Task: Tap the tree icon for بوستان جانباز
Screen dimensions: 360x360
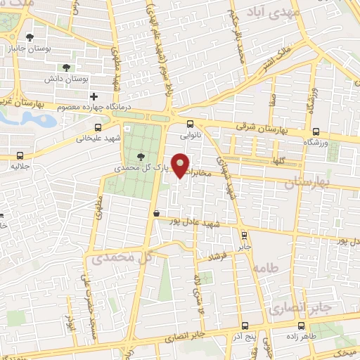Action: pyautogui.click(x=29, y=37)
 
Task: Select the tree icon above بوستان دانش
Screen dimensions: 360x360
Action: pyautogui.click(x=65, y=68)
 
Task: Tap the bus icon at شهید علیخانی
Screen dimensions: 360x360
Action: pyautogui.click(x=98, y=128)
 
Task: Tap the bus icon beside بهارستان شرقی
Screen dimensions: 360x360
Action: pyautogui.click(x=316, y=131)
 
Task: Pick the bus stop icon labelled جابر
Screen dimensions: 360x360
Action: pyautogui.click(x=243, y=236)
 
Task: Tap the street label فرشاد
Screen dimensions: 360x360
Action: pyautogui.click(x=212, y=256)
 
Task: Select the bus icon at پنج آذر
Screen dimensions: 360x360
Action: pyautogui.click(x=244, y=326)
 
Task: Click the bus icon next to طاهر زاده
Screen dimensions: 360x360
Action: pyautogui.click(x=301, y=326)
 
